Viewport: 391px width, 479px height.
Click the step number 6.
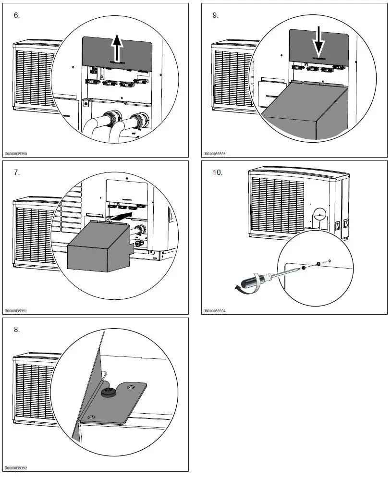tap(17, 15)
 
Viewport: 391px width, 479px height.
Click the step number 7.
tap(17, 172)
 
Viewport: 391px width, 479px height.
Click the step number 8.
tap(17, 330)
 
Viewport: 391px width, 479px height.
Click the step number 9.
tap(216, 15)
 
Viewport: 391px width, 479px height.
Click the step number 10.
tap(218, 172)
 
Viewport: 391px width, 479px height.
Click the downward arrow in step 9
tap(318, 45)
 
